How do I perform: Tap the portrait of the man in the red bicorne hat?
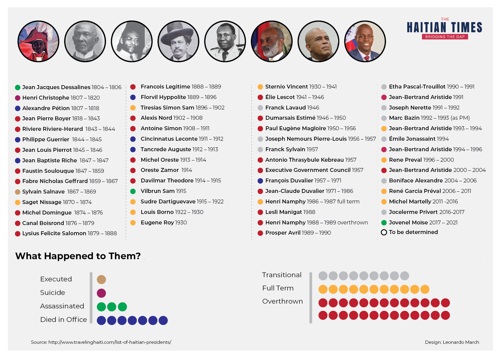38,41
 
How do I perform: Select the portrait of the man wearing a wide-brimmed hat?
178,41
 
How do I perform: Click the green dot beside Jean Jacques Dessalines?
18,87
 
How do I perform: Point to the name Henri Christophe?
46,98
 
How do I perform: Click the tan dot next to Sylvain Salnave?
18,192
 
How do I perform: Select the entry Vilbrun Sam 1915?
163,191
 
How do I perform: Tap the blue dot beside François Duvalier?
260,181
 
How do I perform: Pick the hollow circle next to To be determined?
384,232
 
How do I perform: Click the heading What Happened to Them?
78,256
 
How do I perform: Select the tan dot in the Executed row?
101,280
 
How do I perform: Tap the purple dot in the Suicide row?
101,293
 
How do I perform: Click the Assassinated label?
62,306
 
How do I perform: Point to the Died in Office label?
63,320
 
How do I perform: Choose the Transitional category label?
282,275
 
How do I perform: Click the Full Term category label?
278,288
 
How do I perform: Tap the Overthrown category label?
282,301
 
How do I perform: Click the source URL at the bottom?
110,342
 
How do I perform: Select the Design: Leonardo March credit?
452,342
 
